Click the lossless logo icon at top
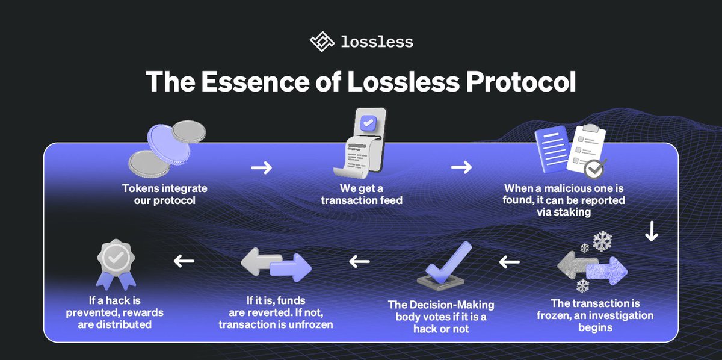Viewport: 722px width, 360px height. point(322,42)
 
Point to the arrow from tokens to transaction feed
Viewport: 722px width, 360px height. point(261,168)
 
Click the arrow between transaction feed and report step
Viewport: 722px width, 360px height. point(461,168)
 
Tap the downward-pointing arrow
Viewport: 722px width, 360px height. point(651,232)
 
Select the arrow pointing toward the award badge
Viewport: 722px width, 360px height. point(184,261)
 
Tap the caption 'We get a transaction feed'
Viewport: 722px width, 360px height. point(362,194)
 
